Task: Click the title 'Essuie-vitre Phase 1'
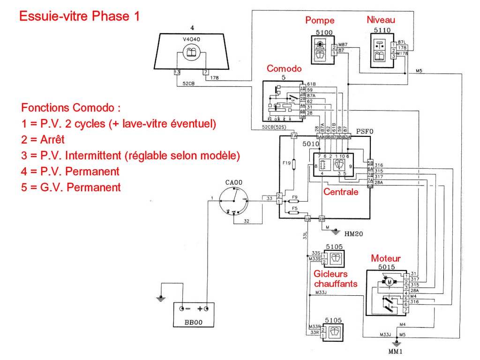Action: coord(79,16)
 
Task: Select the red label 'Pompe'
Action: coord(320,20)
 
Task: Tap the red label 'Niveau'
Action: coord(381,20)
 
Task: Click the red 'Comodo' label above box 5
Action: coord(284,68)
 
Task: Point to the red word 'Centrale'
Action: coord(341,192)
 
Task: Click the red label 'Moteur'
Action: coord(386,258)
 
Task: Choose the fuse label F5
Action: coord(295,208)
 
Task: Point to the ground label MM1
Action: coord(396,351)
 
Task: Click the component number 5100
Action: coord(323,32)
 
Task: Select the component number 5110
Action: coord(382,31)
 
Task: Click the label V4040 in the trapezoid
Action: coord(191,39)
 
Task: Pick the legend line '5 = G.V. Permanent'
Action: coord(71,187)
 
